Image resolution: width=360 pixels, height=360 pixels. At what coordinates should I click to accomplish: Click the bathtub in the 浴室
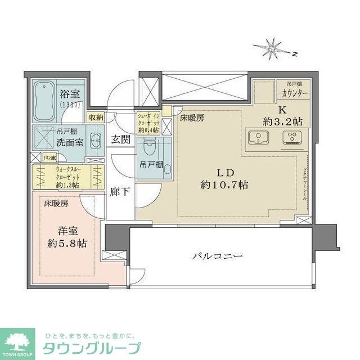click(x=43, y=100)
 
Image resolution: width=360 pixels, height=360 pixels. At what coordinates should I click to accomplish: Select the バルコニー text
click(x=217, y=256)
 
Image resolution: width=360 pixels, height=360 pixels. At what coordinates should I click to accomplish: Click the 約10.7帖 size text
click(x=221, y=185)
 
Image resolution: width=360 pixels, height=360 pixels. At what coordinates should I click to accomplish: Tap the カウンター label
click(x=294, y=94)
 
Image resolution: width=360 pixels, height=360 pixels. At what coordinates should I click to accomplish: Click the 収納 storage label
click(x=96, y=117)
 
